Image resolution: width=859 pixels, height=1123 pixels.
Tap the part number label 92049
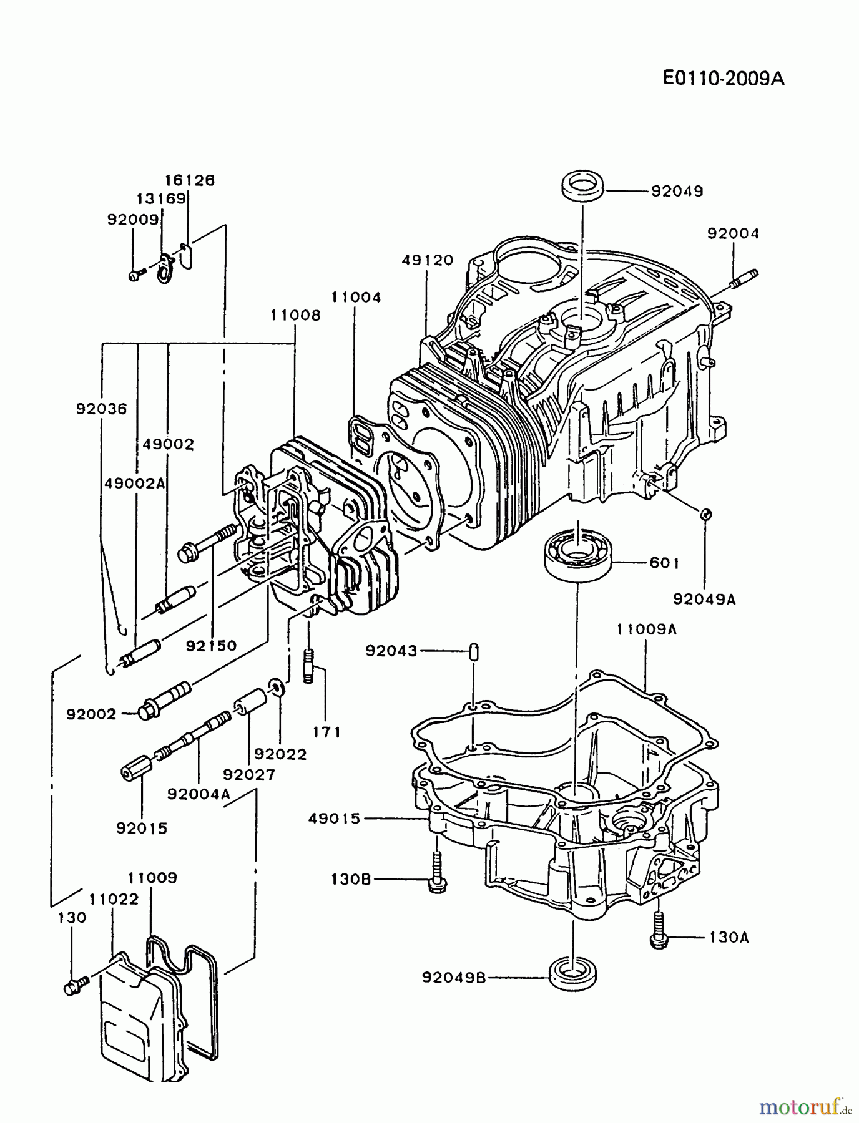point(677,191)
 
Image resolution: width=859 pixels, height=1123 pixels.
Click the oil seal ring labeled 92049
point(582,187)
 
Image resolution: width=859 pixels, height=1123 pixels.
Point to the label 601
point(664,563)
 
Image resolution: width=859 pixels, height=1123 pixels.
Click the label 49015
point(335,818)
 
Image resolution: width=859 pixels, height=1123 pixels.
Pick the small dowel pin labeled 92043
point(474,652)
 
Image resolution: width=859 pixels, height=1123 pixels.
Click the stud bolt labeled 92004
point(742,280)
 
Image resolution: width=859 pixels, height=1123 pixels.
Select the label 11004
point(356,298)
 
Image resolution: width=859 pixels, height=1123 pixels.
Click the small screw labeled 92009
point(135,275)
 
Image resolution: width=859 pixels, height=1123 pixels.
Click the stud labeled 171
point(309,666)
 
